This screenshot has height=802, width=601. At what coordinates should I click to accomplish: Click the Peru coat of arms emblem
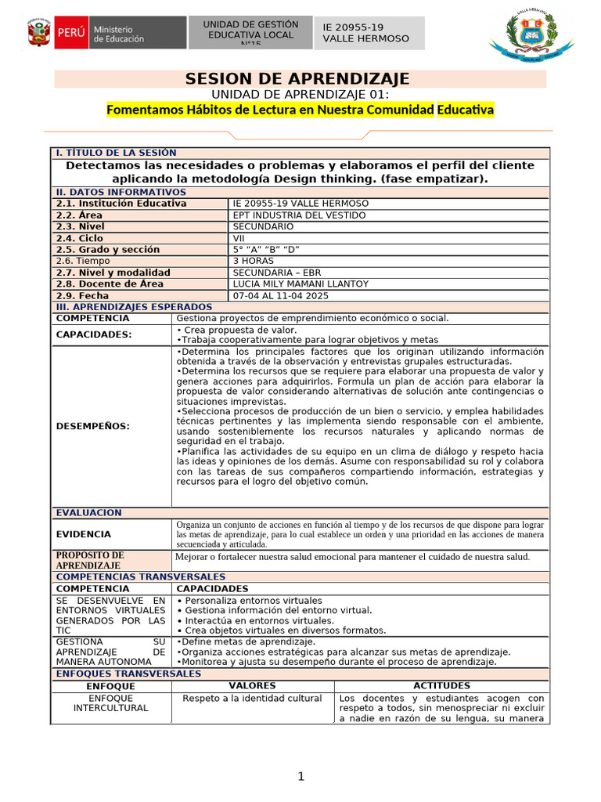(x=38, y=34)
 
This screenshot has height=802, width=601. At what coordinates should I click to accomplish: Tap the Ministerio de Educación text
(x=119, y=34)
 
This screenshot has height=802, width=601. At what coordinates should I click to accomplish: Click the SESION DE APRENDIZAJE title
(x=297, y=78)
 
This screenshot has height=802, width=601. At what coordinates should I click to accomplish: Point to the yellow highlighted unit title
(x=300, y=110)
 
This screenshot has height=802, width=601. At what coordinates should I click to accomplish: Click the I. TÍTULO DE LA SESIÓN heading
(x=115, y=153)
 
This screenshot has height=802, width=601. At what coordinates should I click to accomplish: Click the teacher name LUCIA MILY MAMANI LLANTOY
(x=300, y=284)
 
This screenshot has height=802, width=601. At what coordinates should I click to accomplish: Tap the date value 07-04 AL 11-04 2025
(x=281, y=295)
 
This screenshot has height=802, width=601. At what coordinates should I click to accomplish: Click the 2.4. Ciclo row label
(x=79, y=238)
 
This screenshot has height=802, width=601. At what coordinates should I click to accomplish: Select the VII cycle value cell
(x=239, y=238)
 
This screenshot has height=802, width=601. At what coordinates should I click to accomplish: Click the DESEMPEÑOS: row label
(x=93, y=426)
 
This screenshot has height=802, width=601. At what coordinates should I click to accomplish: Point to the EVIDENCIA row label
(x=83, y=534)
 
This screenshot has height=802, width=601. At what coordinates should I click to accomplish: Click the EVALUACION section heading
(x=88, y=513)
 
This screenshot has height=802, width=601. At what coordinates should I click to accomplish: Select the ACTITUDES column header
(x=441, y=685)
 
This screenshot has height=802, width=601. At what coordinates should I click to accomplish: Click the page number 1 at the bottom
(x=300, y=776)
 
